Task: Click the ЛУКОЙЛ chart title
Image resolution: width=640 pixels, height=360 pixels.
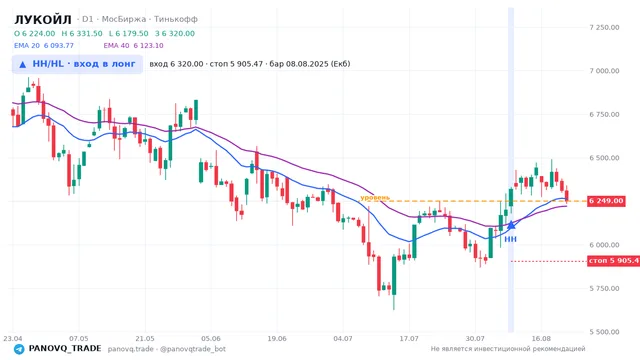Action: (x=43, y=19)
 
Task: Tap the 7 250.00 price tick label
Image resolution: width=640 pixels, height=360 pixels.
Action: (x=604, y=27)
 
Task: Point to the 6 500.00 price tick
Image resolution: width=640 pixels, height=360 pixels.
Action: (x=604, y=158)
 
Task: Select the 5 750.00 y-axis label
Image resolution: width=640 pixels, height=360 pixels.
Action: (x=604, y=289)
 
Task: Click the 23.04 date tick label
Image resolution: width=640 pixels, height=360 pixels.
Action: (x=13, y=338)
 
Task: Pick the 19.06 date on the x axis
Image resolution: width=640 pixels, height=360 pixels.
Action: (x=277, y=338)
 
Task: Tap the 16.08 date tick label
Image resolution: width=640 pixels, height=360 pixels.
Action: (x=541, y=338)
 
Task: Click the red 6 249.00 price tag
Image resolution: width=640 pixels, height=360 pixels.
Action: (x=606, y=201)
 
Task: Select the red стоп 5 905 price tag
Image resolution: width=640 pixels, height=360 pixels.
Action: (x=613, y=260)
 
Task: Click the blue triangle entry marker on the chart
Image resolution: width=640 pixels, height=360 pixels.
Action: (x=511, y=225)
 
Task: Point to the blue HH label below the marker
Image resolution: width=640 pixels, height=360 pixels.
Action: (x=511, y=239)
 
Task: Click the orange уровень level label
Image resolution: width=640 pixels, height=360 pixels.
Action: (x=375, y=198)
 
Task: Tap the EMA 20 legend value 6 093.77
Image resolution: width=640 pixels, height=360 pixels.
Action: (x=59, y=46)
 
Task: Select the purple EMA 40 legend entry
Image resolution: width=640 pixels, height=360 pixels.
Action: (x=133, y=46)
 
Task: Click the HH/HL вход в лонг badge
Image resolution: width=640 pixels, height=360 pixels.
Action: (x=77, y=64)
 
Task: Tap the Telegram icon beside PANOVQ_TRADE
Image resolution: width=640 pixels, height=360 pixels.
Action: (x=19, y=349)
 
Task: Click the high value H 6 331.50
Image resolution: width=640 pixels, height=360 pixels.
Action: (x=82, y=33)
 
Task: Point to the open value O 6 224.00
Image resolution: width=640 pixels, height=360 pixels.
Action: (x=35, y=33)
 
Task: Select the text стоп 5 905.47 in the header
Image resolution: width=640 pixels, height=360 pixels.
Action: (x=236, y=64)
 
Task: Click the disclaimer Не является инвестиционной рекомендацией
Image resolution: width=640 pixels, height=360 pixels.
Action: (x=508, y=349)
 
